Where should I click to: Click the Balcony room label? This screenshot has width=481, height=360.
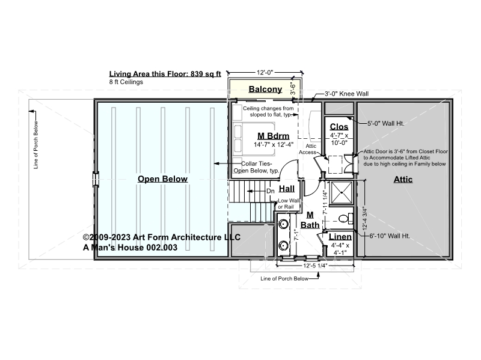[x=265, y=89]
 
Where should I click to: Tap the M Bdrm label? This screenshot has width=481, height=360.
[x=274, y=136]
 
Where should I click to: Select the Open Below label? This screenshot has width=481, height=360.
[x=162, y=179]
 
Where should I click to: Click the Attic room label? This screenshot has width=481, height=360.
[x=403, y=179]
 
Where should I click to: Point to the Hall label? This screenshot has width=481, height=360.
[x=287, y=189]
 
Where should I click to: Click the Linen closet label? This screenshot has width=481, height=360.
[x=340, y=237]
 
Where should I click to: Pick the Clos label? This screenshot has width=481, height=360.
[x=339, y=127]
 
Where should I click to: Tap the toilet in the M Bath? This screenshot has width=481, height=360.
[x=346, y=218]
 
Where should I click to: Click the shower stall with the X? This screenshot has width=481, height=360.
[x=342, y=192]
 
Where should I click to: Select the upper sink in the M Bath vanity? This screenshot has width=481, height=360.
[x=283, y=224]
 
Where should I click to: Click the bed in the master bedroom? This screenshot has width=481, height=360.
[x=253, y=139]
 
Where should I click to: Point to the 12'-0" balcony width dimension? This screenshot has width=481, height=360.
[x=265, y=73]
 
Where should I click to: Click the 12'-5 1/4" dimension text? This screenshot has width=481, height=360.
[x=315, y=266]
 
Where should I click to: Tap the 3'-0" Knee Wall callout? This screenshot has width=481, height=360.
[x=347, y=94]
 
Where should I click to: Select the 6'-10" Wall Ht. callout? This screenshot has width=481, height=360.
[x=390, y=236]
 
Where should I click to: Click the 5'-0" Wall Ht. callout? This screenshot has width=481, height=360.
[x=386, y=124]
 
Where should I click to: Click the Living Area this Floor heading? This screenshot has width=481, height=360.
[x=165, y=74]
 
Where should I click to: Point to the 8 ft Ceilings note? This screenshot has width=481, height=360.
[x=126, y=82]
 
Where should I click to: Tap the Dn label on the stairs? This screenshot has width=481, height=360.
[x=270, y=191]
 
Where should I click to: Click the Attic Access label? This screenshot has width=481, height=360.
[x=309, y=149]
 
